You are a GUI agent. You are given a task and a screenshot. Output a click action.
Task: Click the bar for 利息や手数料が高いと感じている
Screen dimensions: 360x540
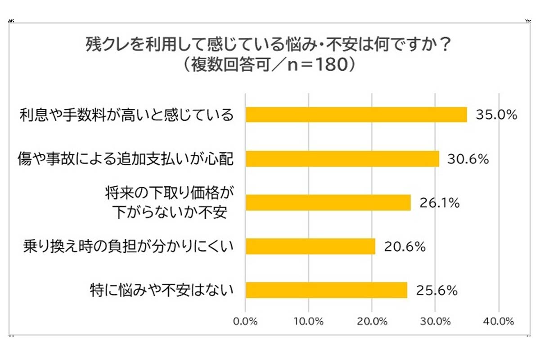(356, 115)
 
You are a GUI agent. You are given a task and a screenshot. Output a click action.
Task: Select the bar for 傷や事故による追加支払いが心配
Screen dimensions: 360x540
(342, 158)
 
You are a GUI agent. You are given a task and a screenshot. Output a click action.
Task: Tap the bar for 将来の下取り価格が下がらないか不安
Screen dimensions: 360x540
(328, 202)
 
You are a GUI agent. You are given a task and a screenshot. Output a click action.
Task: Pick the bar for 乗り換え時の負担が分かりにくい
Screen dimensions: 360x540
(310, 247)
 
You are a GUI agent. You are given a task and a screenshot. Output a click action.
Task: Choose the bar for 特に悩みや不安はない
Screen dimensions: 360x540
(326, 290)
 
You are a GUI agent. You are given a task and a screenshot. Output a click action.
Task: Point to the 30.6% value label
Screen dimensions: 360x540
(468, 159)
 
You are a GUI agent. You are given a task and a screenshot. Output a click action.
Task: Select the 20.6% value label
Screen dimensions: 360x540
(404, 247)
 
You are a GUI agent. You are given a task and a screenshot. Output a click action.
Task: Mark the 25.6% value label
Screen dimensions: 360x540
(436, 291)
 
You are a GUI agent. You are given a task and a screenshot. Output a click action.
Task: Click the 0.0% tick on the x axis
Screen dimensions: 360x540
(245, 321)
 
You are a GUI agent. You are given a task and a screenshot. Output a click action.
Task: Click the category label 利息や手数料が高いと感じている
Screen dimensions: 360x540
(126, 115)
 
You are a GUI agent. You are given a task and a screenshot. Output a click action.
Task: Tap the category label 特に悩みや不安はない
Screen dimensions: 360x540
(162, 290)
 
